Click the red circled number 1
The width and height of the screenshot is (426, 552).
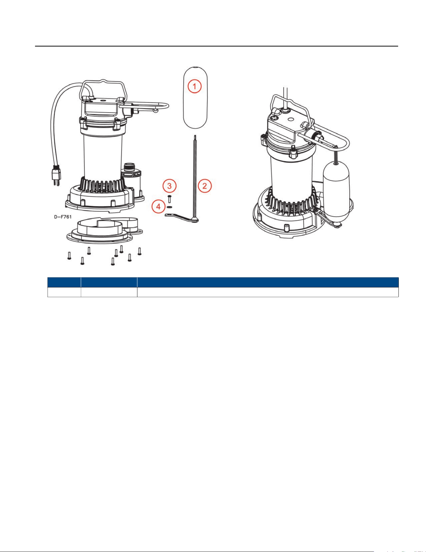click(x=194, y=86)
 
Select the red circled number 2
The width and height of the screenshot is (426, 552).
click(x=205, y=186)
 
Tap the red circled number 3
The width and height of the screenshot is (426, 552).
click(x=169, y=186)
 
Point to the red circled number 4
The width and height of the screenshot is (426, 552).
click(x=159, y=207)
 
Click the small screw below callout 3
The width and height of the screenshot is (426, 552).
click(x=170, y=199)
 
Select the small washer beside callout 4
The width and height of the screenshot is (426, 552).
click(x=170, y=207)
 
